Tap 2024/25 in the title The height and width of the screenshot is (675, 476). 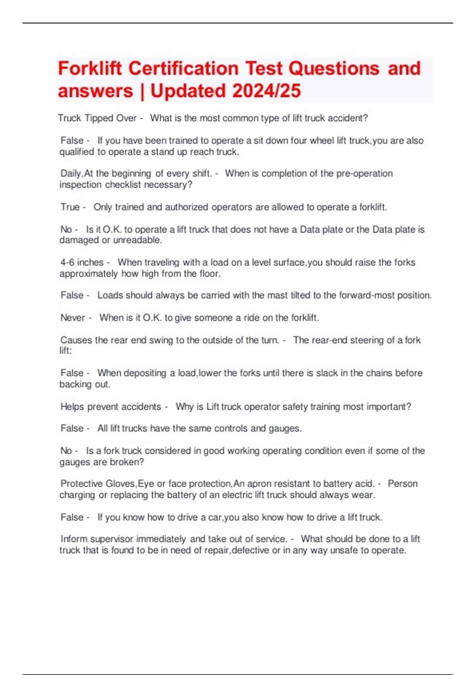pos(266,91)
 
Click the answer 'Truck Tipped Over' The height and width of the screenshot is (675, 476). pos(97,118)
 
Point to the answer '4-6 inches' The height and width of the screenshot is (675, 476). pos(82,262)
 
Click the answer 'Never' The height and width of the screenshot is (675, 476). pos(73,318)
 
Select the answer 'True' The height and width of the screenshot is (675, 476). pos(70,207)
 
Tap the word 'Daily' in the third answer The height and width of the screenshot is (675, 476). pos(71,174)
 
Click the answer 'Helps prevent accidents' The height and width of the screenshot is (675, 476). pos(111,407)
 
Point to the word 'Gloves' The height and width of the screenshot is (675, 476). pos(121,484)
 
